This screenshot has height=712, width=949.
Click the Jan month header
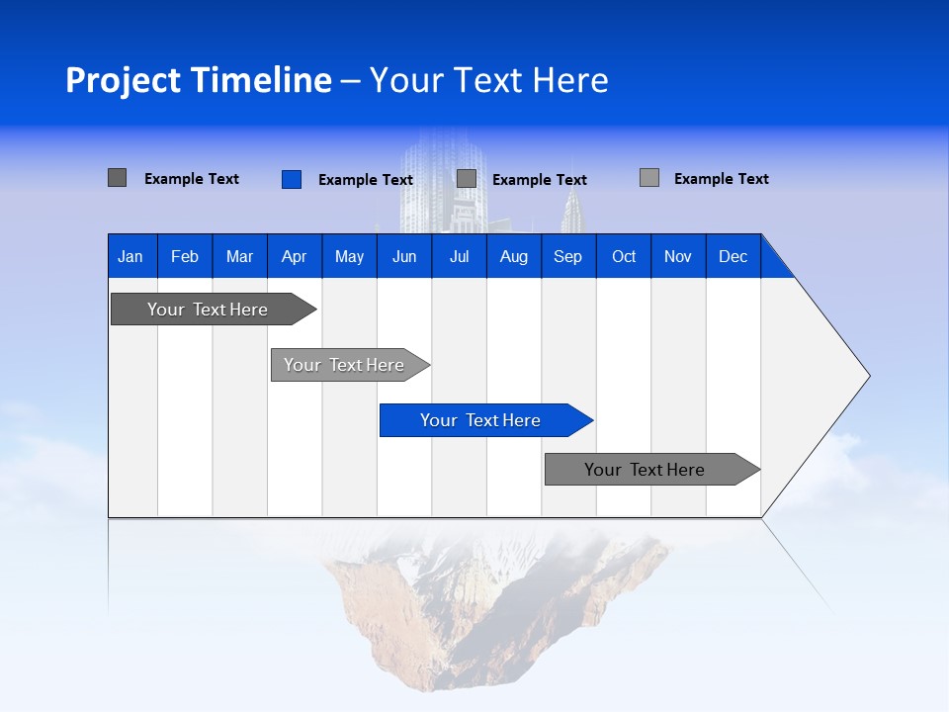coord(131,256)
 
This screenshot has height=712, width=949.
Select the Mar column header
coord(239,256)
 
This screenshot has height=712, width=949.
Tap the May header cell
coord(349,256)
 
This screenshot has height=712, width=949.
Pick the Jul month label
coord(459,256)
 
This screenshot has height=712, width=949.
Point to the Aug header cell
coord(513,256)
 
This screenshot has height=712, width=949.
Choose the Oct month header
coord(623,256)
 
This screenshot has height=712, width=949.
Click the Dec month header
coord(733,256)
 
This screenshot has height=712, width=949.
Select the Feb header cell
coord(185,256)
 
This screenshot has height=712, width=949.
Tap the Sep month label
coord(567,256)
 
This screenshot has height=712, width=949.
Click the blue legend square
coord(292,179)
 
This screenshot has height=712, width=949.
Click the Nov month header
coord(677,256)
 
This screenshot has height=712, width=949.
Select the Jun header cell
coord(403,256)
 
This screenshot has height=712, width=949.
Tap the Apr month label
coord(294,256)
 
